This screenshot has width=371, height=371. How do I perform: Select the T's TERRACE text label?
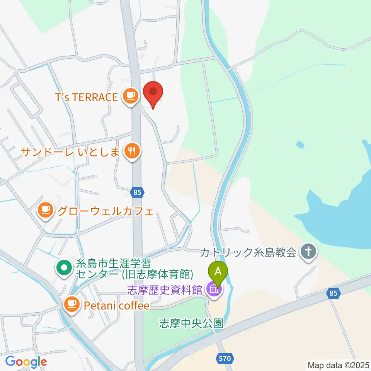(x=87, y=97)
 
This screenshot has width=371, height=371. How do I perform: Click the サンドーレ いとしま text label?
(x=70, y=151)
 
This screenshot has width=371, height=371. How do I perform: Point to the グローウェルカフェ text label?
(x=106, y=211)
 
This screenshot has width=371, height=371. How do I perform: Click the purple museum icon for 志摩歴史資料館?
(x=213, y=290)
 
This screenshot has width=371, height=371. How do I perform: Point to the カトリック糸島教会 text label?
(x=248, y=253)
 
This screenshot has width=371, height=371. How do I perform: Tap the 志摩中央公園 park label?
(x=191, y=323)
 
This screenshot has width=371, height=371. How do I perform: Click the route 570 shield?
(x=224, y=359)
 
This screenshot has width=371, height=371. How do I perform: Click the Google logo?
(x=26, y=362)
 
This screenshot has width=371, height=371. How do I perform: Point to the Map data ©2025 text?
(x=338, y=364)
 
